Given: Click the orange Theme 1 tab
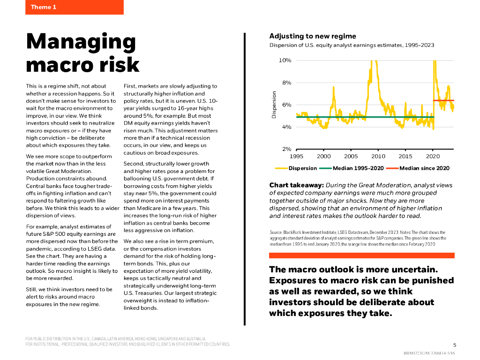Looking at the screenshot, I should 74,7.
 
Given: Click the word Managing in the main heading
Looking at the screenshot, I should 81,42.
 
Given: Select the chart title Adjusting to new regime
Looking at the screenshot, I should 313,36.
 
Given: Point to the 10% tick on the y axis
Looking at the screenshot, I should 285,60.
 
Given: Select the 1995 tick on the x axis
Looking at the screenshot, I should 297,156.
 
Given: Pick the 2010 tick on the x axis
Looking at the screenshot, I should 378,156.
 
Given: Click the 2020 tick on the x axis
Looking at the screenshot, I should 433,156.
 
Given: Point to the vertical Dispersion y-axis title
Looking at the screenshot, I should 274,105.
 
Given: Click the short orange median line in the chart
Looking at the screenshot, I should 443,100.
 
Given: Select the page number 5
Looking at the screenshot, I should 454,344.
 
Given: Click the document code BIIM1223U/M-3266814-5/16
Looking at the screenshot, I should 429,352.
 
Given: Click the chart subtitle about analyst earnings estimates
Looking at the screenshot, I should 352,45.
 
